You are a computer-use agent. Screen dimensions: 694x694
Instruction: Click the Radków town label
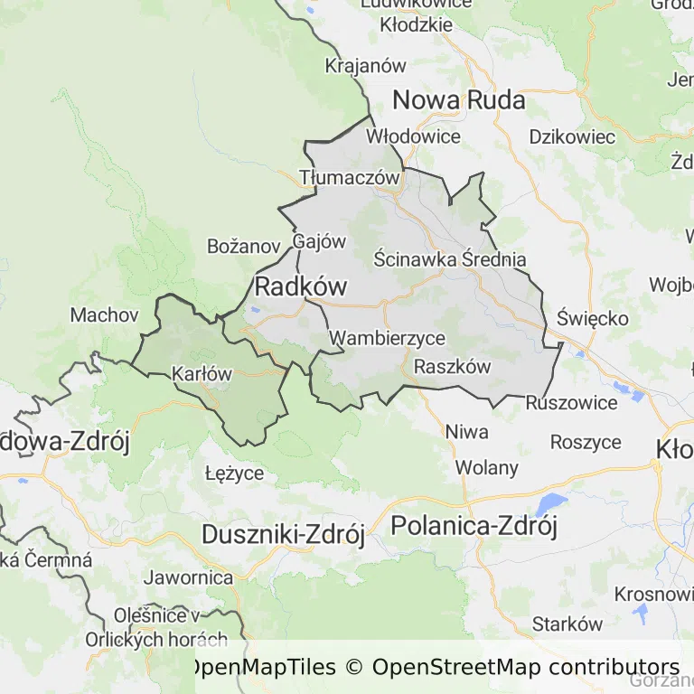(x=301, y=287)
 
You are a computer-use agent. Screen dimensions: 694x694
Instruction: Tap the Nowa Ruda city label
(x=459, y=100)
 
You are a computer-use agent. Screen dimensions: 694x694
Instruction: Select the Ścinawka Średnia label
(x=449, y=259)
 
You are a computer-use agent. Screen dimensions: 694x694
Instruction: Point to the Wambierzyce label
(x=387, y=339)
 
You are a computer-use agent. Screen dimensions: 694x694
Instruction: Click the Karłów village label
(x=202, y=373)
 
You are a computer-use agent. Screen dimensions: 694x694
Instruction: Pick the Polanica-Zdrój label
(x=474, y=525)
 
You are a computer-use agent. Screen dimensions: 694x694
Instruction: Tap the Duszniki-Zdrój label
(x=282, y=534)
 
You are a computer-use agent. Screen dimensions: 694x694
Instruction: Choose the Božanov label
(x=244, y=246)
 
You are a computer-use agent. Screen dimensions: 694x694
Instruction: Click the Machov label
(x=104, y=315)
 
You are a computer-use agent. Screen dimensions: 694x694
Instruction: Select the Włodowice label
(x=413, y=137)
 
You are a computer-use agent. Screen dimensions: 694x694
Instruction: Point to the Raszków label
(x=452, y=367)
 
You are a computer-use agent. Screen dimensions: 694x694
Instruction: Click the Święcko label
(x=593, y=319)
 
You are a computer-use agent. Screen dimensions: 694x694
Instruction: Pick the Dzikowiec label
(x=572, y=137)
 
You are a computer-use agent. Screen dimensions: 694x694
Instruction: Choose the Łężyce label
(x=234, y=473)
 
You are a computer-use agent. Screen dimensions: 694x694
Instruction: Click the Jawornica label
(x=187, y=577)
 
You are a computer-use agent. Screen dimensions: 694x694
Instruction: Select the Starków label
(x=567, y=624)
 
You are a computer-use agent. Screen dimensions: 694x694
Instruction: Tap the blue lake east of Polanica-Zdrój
(x=550, y=503)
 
